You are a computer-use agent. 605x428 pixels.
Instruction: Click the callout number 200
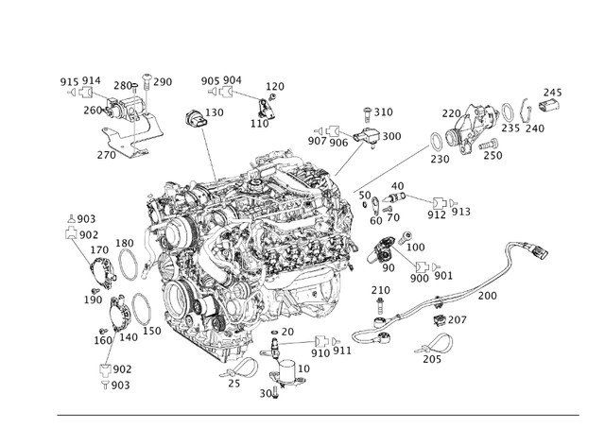pyautogui.click(x=487, y=296)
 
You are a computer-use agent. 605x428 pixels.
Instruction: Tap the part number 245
pyautogui.click(x=552, y=92)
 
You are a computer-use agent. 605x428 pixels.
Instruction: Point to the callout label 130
pyautogui.click(x=215, y=112)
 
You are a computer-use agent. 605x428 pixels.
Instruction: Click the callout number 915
pyautogui.click(x=70, y=81)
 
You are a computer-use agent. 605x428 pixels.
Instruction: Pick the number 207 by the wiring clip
pyautogui.click(x=458, y=320)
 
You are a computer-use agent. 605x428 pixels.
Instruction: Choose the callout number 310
pyautogui.click(x=383, y=111)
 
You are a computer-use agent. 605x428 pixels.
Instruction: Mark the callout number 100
pyautogui.click(x=414, y=247)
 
